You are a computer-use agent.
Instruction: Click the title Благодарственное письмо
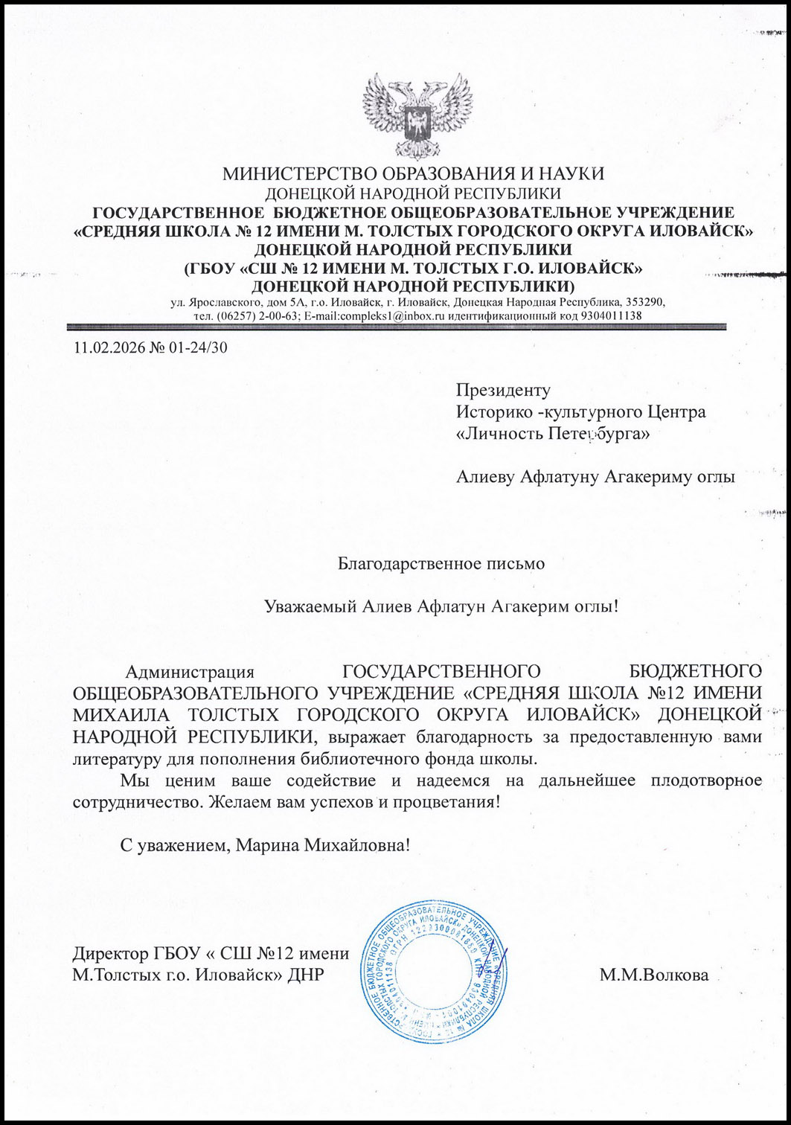(x=442, y=563)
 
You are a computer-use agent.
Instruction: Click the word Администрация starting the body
(x=190, y=672)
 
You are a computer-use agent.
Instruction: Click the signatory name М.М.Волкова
(x=654, y=975)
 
